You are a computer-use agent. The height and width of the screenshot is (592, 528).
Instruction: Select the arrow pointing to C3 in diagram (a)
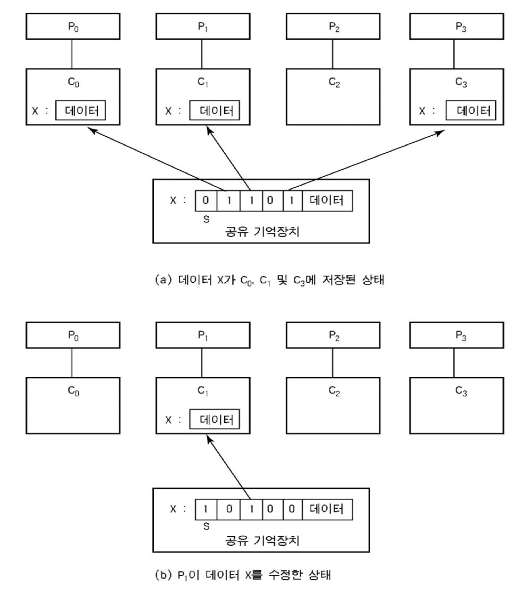(x=367, y=159)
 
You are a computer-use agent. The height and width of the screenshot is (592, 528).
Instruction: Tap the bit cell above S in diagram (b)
(x=206, y=510)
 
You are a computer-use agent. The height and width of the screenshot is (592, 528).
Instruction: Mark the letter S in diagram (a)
(x=206, y=219)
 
